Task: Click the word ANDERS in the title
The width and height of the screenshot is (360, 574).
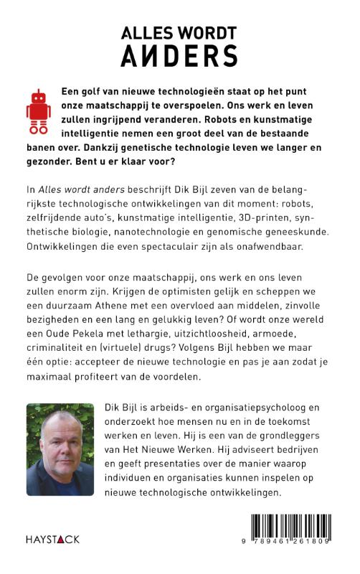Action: [179, 56]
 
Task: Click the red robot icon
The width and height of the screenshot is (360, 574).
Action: [39, 112]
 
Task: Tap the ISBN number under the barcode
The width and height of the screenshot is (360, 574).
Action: [298, 560]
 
